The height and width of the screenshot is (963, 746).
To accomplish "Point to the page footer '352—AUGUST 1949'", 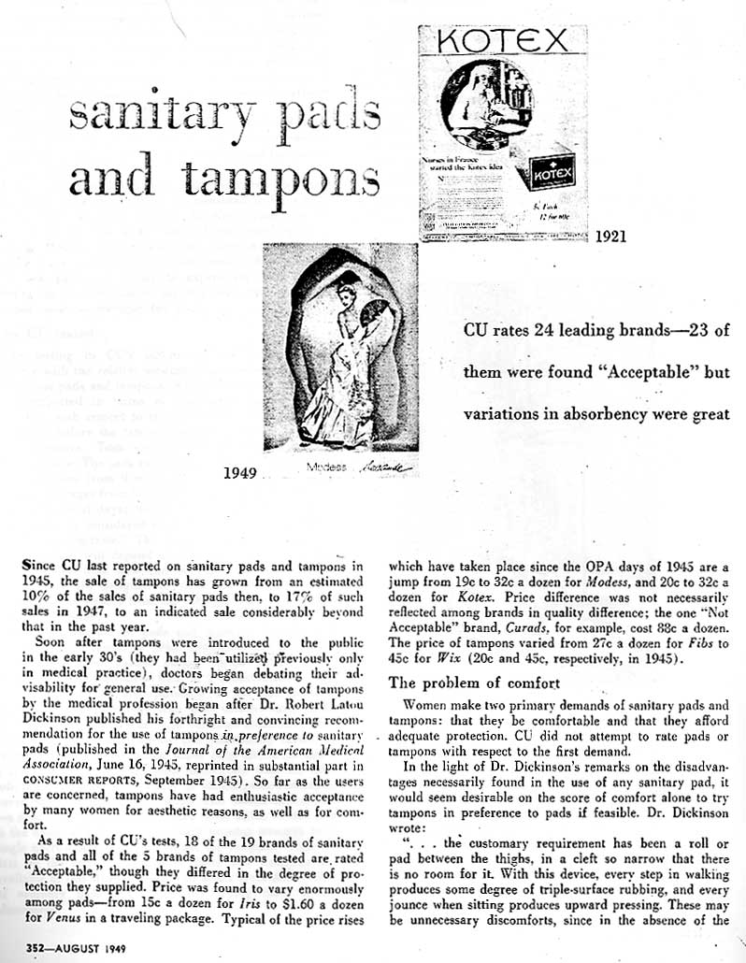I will (x=62, y=946).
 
